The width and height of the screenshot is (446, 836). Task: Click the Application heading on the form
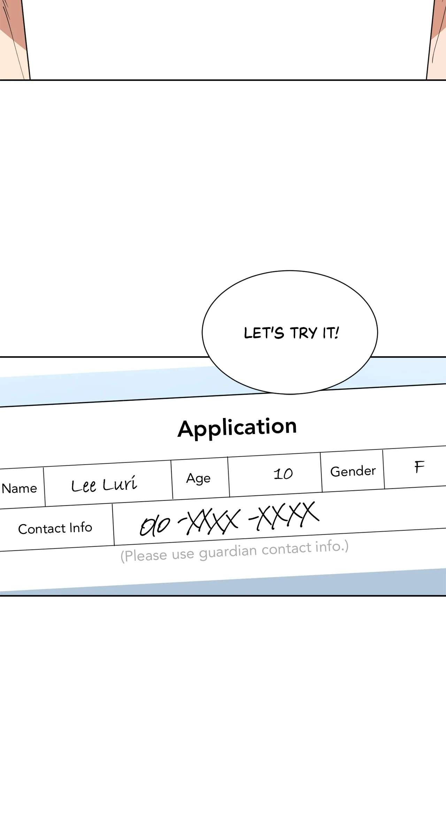click(237, 427)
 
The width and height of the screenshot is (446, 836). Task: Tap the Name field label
click(19, 488)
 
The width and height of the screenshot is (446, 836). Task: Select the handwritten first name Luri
click(120, 483)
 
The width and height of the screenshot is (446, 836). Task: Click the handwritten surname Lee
click(83, 486)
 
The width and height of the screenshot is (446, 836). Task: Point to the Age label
click(198, 478)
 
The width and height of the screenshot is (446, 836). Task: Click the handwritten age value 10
click(283, 474)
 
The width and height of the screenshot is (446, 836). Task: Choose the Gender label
click(353, 471)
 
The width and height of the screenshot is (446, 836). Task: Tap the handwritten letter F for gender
click(419, 467)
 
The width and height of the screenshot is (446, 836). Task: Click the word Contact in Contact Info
click(42, 529)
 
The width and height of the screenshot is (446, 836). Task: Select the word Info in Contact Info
click(80, 528)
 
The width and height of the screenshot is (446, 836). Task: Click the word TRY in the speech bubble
click(303, 333)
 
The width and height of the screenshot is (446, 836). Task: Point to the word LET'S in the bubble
click(264, 333)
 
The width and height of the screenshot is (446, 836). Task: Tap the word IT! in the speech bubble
click(330, 333)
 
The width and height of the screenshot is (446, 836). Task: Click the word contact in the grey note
click(286, 549)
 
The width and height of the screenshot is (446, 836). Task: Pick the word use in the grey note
click(183, 554)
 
